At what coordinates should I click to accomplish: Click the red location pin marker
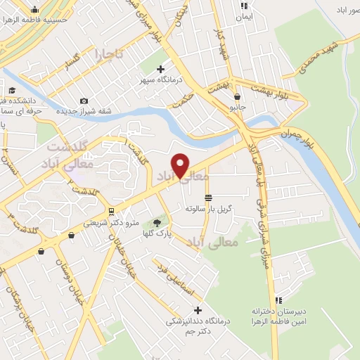pos(181,165)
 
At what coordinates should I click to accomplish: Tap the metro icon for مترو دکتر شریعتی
pos(110,212)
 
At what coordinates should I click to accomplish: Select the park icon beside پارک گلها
pos(155,222)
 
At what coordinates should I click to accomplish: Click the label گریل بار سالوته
pos(209,209)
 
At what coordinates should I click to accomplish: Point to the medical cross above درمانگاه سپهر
pos(161,69)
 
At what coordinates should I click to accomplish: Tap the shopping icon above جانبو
pos(238,96)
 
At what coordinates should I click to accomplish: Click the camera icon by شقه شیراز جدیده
pos(84,101)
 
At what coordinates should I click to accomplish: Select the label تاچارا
pos(110,53)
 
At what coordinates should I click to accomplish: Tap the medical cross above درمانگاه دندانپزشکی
pos(198,310)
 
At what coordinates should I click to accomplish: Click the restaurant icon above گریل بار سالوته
pos(208,198)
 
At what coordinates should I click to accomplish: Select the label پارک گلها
pos(159,233)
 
